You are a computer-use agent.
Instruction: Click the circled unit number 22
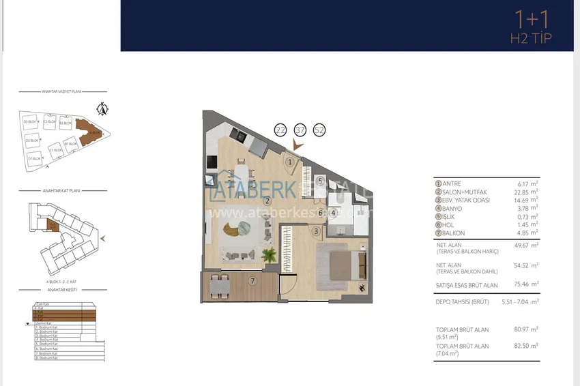click(280, 130)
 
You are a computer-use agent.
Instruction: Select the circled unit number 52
click(319, 130)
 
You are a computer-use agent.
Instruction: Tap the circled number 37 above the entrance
click(300, 130)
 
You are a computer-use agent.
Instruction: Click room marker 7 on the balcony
click(252, 280)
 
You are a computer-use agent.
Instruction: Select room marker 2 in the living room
click(268, 201)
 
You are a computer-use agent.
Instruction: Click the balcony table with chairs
click(219, 286)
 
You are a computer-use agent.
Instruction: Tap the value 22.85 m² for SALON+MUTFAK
click(528, 192)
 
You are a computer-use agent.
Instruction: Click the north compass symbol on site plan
click(103, 108)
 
